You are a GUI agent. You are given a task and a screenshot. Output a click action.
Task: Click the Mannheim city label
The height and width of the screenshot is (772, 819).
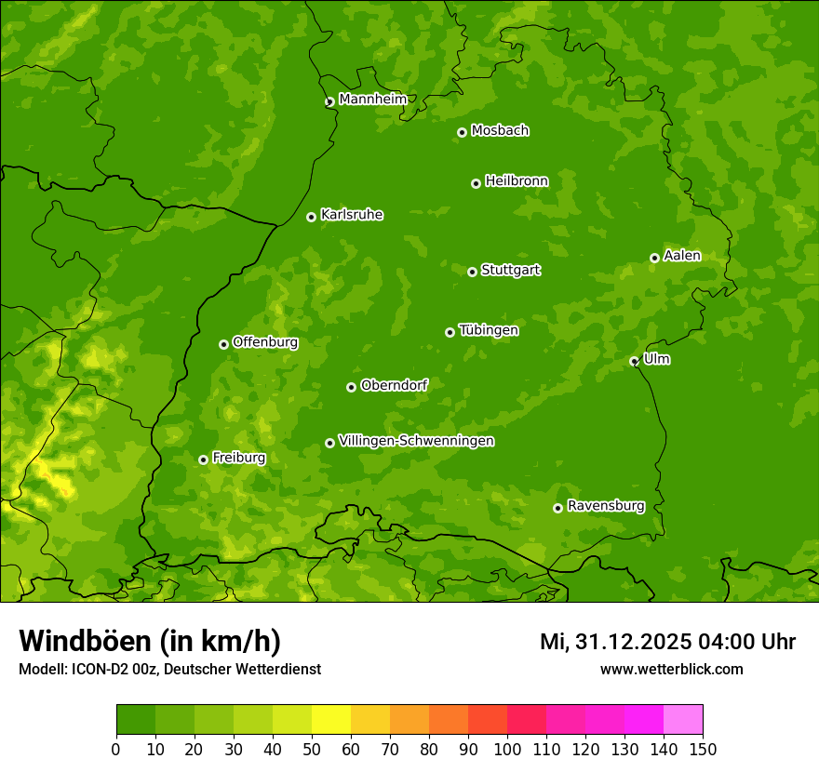[x=372, y=100]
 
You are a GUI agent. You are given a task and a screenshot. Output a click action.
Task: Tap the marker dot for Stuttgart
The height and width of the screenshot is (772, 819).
[x=472, y=272]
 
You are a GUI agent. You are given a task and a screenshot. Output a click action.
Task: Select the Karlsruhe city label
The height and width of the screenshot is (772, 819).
[x=351, y=215]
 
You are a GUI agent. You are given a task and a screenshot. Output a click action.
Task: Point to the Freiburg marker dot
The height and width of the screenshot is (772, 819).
[x=203, y=459]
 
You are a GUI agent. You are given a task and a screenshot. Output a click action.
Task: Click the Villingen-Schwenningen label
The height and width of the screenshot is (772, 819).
[x=416, y=441]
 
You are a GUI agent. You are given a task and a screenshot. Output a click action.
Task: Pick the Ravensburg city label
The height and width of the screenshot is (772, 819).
[x=605, y=506]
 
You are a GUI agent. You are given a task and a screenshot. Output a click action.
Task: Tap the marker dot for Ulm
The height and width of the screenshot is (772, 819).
[x=634, y=361]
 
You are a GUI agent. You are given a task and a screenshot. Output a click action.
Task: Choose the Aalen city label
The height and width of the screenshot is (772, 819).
[x=681, y=256]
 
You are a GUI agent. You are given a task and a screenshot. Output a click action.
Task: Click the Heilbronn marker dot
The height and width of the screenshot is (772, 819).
[x=476, y=183]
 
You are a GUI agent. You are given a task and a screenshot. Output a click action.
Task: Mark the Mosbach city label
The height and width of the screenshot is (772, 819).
[x=499, y=131]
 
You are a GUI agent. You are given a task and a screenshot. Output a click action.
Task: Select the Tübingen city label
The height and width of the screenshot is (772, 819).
[x=488, y=330]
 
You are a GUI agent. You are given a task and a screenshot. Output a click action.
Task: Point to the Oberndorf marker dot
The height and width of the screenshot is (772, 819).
[x=351, y=387]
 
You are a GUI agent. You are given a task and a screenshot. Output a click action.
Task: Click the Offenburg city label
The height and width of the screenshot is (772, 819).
[x=264, y=342]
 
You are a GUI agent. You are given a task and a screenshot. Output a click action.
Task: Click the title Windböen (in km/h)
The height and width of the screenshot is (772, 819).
[x=149, y=641]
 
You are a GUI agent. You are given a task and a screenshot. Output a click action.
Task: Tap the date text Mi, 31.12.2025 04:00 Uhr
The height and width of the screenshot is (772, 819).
[x=667, y=642]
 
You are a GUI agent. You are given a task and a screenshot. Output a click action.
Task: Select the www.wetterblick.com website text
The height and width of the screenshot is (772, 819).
[x=671, y=669]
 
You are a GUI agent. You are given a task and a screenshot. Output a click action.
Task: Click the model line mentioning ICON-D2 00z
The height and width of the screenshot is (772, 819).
[x=169, y=669]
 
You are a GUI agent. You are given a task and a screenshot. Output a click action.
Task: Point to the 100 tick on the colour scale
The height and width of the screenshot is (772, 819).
[x=507, y=748]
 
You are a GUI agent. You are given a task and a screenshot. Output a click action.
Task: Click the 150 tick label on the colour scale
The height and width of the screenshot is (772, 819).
[x=703, y=748]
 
